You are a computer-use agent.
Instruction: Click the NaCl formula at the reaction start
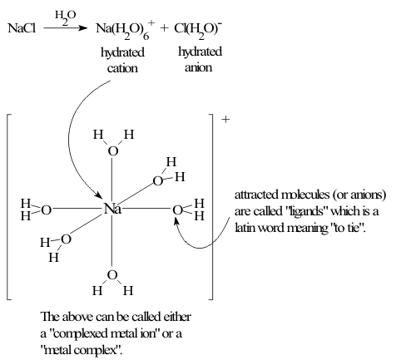(22, 28)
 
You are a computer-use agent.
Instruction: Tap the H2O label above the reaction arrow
(65, 17)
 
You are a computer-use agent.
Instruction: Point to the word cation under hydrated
(122, 68)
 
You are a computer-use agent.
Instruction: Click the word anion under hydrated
(198, 67)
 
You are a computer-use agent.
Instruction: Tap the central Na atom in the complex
(112, 209)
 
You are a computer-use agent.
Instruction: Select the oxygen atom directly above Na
(113, 151)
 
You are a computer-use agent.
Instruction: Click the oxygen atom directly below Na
(112, 275)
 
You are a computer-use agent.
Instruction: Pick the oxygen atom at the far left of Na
(47, 210)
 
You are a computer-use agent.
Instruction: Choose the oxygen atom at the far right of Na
(178, 210)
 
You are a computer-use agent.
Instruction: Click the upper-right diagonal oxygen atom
(158, 181)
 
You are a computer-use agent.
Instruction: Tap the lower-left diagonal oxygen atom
(66, 239)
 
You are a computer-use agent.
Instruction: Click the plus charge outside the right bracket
(225, 119)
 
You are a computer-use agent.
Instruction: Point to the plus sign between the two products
(164, 27)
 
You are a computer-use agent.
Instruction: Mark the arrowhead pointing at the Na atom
(99, 195)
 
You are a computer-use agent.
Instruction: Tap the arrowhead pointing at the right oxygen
(176, 222)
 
